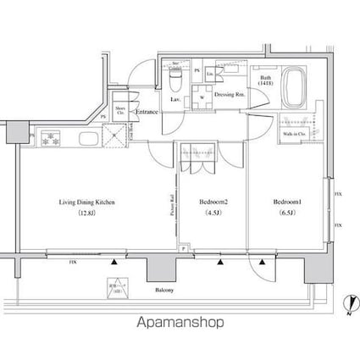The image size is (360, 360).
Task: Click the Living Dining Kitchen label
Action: pos(86,203)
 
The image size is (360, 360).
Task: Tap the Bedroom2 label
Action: pos(213,203)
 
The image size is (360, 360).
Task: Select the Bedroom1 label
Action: pos(287,203)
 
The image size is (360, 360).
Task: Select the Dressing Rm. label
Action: pos(230,96)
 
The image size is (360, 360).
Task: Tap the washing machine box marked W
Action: pos(202,96)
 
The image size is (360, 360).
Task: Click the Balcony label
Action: pos(164,291)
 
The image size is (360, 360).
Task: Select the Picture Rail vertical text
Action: pos(170,208)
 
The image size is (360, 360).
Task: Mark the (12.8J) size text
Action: pos(86,213)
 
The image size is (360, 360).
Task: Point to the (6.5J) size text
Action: pos(287,213)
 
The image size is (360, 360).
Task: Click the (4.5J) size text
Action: pos(213,213)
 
